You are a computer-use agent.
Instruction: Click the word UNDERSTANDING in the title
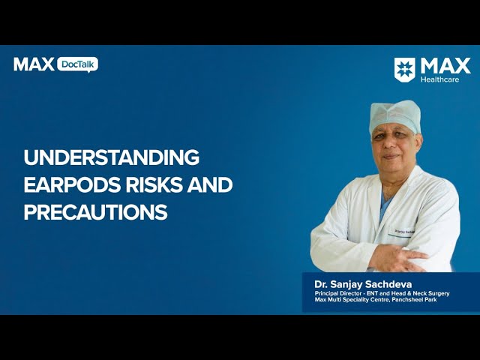pyautogui.click(x=112, y=157)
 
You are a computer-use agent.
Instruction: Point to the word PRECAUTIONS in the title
pyautogui.click(x=95, y=211)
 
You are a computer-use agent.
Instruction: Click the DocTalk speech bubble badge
pyautogui.click(x=78, y=64)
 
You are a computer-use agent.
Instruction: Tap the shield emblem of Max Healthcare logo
pyautogui.click(x=404, y=70)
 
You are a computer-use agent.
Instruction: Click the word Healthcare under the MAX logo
pyautogui.click(x=439, y=79)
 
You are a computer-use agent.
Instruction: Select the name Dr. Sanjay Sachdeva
pyautogui.click(x=363, y=284)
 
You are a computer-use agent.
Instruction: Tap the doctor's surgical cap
pyautogui.click(x=395, y=117)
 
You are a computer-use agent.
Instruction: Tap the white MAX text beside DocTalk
pyautogui.click(x=34, y=64)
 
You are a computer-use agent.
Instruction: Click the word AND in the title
pyautogui.click(x=210, y=184)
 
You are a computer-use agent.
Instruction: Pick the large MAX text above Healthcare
pyautogui.click(x=445, y=66)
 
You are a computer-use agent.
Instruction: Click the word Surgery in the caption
pyautogui.click(x=439, y=293)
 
